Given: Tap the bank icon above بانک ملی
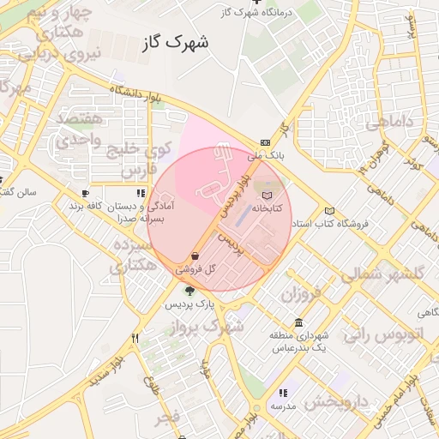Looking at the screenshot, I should coord(265,142).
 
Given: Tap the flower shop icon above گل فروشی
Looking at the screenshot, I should coord(195,256).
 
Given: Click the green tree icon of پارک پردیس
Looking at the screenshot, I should coord(189,291).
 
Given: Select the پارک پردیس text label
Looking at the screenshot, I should coord(189,304).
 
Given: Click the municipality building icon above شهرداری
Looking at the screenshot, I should coord(298,322).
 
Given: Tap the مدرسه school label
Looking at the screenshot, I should coord(283,406).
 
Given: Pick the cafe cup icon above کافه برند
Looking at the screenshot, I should coord(85,194).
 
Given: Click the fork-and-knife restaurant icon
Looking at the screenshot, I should coord(135,338).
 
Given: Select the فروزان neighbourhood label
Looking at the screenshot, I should coord(299,294).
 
